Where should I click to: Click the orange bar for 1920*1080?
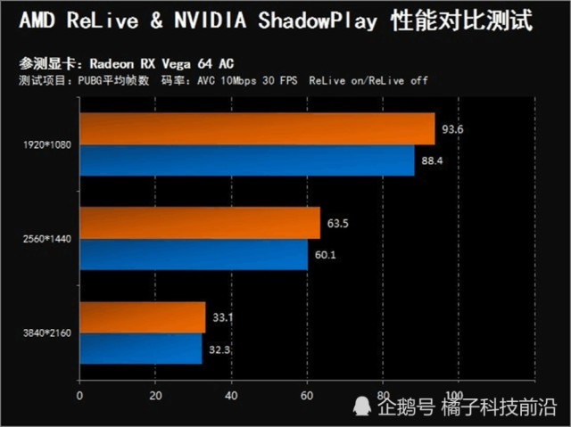pos(257,129)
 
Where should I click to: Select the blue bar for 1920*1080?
pos(247,160)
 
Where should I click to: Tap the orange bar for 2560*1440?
pos(200,223)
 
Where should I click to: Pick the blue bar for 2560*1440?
pos(194,255)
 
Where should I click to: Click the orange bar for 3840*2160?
pos(143,317)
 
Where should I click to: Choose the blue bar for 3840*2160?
pos(141,349)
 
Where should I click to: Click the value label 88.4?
pos(432,161)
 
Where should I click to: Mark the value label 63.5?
pos(338,224)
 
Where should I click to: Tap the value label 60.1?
pos(326,256)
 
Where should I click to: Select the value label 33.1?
pos(224,318)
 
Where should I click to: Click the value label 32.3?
pos(220,350)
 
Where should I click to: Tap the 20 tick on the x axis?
pos(155,395)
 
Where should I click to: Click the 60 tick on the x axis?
pos(307,395)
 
